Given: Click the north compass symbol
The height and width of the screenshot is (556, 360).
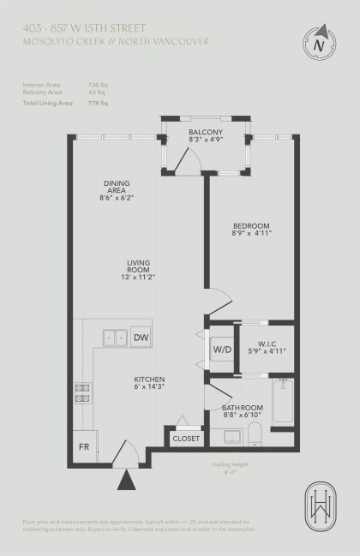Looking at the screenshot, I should click(x=319, y=44).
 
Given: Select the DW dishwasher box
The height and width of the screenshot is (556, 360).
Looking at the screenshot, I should click(x=141, y=338).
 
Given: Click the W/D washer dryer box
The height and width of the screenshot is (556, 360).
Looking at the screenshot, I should click(x=220, y=350).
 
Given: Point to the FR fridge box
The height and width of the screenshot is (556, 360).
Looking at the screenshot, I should click(x=84, y=447).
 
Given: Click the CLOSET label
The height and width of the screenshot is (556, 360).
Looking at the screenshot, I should click(x=186, y=438).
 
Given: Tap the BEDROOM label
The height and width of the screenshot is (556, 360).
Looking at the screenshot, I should click(x=251, y=231).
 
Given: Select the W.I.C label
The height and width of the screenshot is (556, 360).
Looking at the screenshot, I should click(x=266, y=345).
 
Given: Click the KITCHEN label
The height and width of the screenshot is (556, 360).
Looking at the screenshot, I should click(x=148, y=384).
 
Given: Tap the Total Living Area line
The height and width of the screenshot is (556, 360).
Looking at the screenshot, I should click(x=65, y=103).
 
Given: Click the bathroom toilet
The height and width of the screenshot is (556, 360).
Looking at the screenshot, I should click(x=253, y=437).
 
